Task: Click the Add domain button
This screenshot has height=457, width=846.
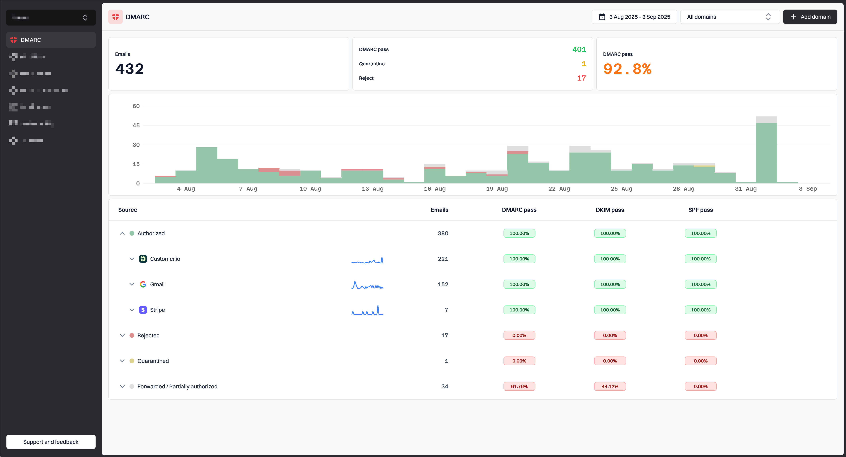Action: [x=810, y=17]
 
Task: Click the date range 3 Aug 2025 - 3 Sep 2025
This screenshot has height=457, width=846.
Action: [x=634, y=17]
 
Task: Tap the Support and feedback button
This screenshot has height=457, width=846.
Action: [x=51, y=442]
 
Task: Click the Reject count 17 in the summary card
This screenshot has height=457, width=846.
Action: [x=581, y=78]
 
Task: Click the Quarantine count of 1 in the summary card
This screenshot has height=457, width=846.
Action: [x=584, y=64]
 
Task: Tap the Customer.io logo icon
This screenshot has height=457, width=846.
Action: [x=143, y=259]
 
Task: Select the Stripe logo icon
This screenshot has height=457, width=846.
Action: [x=143, y=310]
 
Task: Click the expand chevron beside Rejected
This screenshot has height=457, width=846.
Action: [x=122, y=335]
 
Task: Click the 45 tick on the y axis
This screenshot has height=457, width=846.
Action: [x=136, y=125]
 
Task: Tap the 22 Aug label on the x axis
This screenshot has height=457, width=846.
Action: [x=559, y=189]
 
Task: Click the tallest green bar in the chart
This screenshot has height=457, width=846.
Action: [x=766, y=153]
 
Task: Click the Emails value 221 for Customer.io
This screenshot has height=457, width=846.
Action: [x=443, y=259]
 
